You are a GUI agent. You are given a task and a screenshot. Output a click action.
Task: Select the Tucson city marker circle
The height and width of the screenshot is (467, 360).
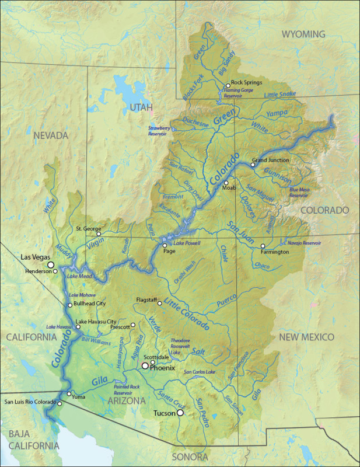point(180,413)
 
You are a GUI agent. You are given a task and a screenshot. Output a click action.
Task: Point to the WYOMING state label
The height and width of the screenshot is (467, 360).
point(303,34)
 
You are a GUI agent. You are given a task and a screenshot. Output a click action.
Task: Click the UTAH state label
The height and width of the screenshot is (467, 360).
point(141,107)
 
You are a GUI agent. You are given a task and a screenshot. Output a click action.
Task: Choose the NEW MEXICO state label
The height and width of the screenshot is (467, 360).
point(306,337)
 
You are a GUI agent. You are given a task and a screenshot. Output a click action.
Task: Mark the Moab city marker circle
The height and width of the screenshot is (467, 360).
point(226,183)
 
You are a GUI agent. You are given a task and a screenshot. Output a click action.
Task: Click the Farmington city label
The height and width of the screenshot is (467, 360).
point(274,252)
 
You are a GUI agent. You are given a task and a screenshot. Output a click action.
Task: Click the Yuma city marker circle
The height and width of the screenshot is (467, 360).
point(69,394)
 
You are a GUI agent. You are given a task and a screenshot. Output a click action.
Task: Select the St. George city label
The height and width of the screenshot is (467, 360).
point(88,228)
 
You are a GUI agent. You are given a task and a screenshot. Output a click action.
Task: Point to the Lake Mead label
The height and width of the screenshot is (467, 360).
point(79,276)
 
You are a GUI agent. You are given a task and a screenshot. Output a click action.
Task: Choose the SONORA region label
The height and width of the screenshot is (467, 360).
point(190,456)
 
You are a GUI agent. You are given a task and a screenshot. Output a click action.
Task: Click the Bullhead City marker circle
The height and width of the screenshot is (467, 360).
point(70,305)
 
